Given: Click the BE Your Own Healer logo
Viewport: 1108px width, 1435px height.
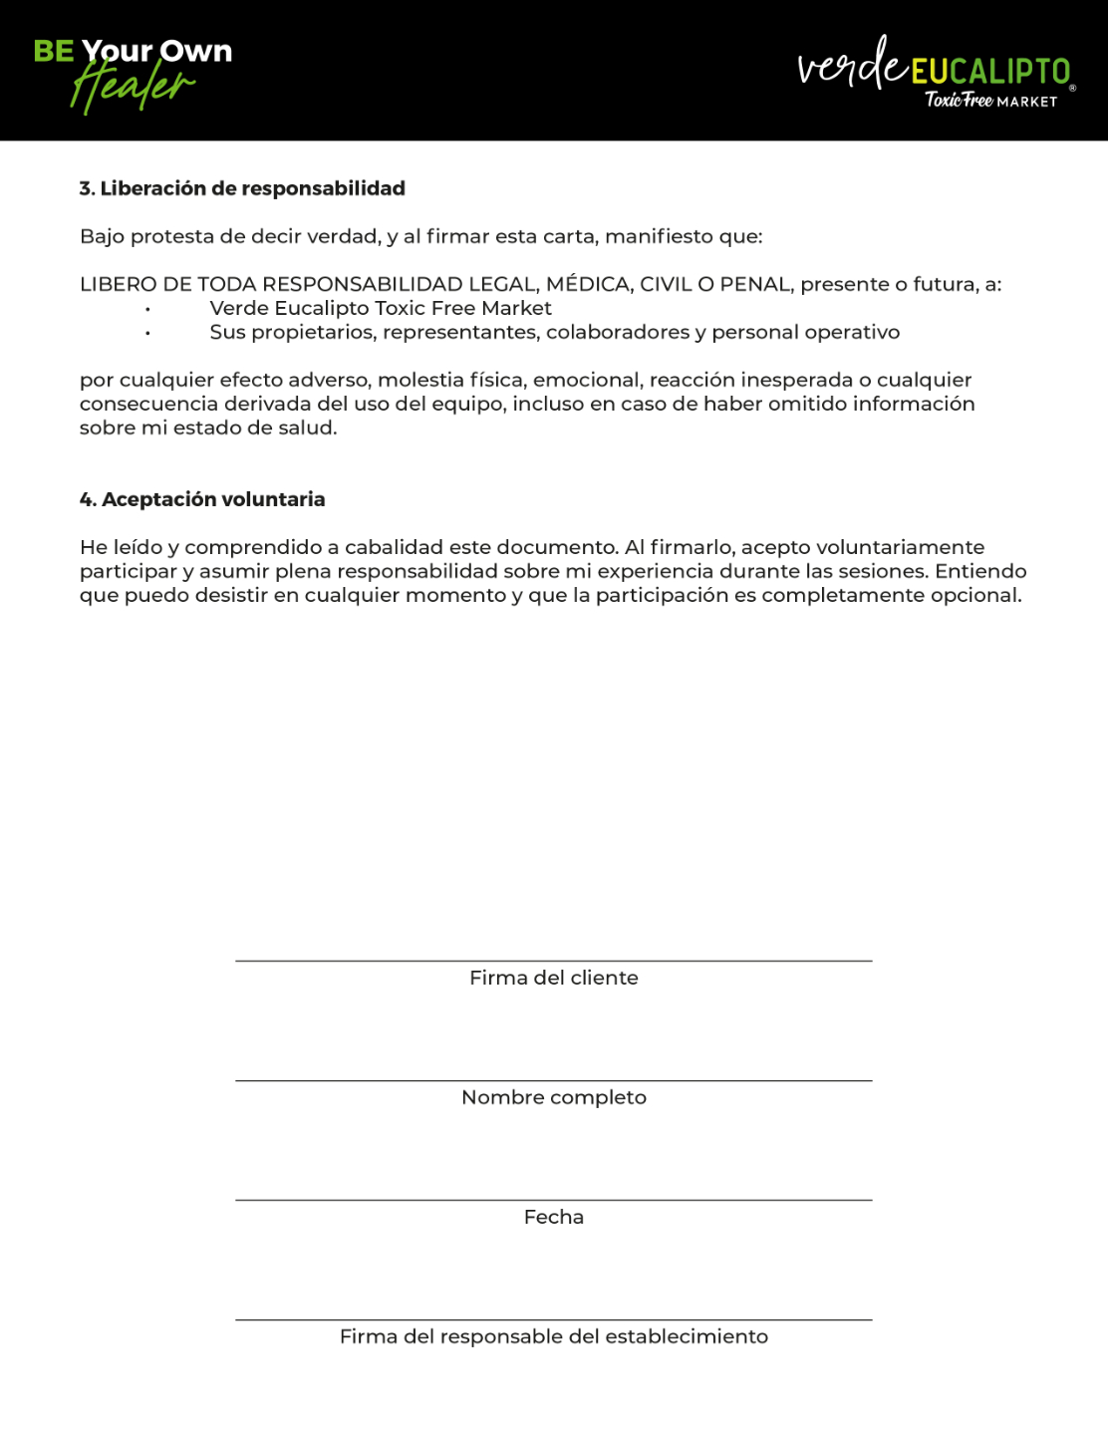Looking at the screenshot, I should (x=133, y=72).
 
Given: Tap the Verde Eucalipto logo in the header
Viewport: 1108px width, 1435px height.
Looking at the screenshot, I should (x=935, y=72).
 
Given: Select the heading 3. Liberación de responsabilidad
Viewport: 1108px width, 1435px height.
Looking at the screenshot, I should (x=242, y=188).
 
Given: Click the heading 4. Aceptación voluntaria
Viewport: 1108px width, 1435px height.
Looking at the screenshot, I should (x=202, y=499).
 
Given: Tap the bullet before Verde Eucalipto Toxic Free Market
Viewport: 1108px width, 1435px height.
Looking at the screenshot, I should (x=147, y=309).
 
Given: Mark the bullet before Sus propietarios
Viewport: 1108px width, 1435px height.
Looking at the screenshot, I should (x=147, y=333).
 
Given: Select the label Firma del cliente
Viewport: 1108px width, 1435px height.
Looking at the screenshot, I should (x=554, y=978).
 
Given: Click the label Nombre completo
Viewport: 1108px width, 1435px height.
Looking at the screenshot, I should (x=554, y=1097).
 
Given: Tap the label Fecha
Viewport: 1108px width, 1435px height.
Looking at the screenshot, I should (x=554, y=1217).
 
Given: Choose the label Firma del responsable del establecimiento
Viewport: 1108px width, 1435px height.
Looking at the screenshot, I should (x=554, y=1336).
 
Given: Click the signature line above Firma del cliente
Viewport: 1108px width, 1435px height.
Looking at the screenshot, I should (x=554, y=961).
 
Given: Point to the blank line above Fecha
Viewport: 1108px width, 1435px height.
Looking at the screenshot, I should (x=554, y=1200).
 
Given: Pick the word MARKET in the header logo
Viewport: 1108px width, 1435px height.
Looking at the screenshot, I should (x=1027, y=102).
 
